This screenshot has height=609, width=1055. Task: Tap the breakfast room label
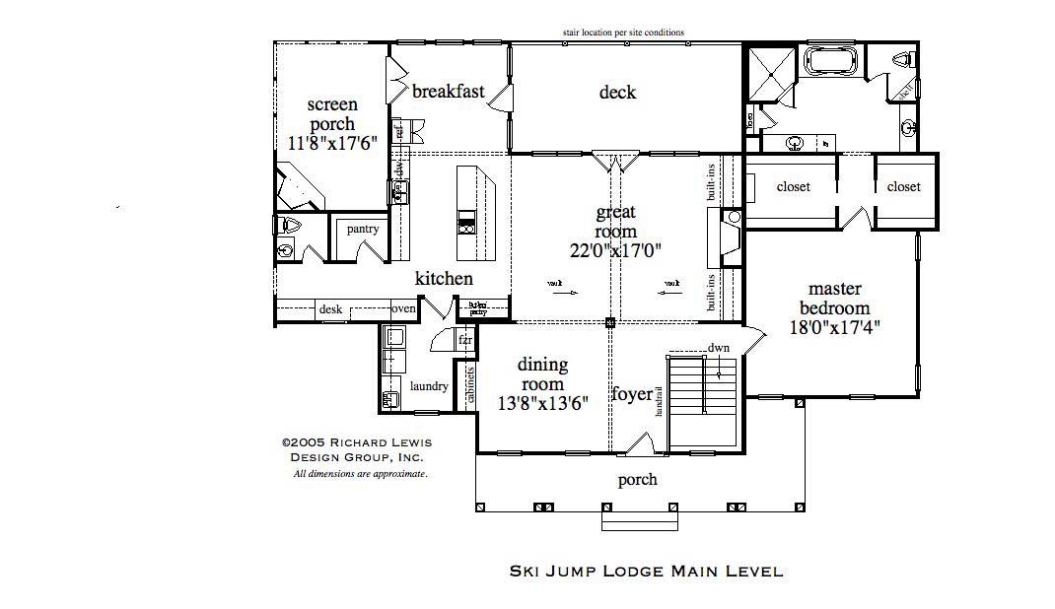pos(449,92)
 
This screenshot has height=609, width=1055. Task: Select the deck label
pos(617,93)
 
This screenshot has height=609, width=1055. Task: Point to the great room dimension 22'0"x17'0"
pos(615,249)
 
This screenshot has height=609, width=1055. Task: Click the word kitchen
pos(443,279)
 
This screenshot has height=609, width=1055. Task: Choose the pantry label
pos(363,230)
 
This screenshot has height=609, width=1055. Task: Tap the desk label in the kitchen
pos(330,309)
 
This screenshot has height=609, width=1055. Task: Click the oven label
pos(404,309)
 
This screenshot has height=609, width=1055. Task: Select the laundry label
pos(429,386)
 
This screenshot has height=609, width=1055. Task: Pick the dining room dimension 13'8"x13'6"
pos(543,402)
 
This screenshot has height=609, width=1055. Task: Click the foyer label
pos(632,394)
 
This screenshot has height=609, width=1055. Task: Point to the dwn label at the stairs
pos(718,348)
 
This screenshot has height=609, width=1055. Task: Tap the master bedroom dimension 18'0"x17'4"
pos(835,327)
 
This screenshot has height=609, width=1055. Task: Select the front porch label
pos(637,480)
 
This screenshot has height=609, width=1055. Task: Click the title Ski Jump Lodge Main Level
pos(646,571)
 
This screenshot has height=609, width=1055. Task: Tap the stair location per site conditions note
pos(623,33)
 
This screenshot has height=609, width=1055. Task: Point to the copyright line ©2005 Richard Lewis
pos(356,442)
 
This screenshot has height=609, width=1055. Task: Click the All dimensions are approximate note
pos(360,474)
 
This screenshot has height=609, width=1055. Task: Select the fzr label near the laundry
pos(465,340)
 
